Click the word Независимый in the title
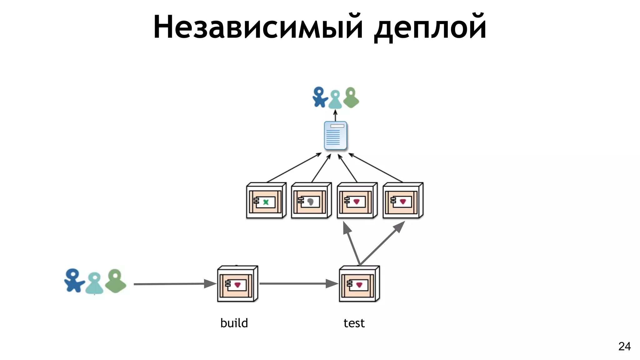click(258, 27)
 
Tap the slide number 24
click(624, 346)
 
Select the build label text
click(234, 323)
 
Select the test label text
click(354, 323)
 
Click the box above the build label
click(237, 284)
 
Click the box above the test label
click(359, 284)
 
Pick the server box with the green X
click(266, 201)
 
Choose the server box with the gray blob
click(311, 201)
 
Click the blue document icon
click(335, 136)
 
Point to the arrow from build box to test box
click(298, 283)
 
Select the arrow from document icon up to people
click(335, 115)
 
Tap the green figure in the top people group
click(351, 98)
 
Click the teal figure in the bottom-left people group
click(94, 283)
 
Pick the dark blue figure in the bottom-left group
click(73, 281)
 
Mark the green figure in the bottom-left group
click(116, 281)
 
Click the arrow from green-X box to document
click(294, 168)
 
